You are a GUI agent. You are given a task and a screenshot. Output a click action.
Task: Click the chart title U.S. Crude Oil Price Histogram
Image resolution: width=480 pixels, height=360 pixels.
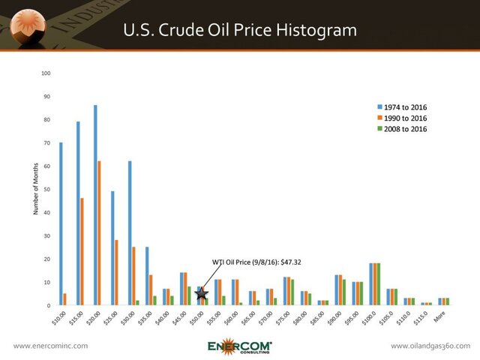(x=240, y=30)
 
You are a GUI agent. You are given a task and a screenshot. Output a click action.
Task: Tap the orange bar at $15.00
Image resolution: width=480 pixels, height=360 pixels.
(x=82, y=251)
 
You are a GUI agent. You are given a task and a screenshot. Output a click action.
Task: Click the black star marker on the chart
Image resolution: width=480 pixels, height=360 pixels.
(x=201, y=293)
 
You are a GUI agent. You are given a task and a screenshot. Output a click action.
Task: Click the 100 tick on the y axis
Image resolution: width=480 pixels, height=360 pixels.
(x=46, y=73)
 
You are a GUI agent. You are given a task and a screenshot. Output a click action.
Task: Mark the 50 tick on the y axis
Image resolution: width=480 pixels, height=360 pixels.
(x=47, y=190)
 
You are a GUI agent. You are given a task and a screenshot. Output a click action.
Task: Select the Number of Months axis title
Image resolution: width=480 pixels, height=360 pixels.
(x=34, y=190)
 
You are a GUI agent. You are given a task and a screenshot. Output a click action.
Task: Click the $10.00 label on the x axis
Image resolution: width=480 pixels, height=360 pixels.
(x=59, y=319)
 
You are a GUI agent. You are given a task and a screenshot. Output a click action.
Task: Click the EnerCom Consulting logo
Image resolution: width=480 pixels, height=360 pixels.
(x=240, y=345)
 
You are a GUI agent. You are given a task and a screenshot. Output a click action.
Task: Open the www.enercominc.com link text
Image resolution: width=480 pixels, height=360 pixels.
(x=51, y=346)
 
